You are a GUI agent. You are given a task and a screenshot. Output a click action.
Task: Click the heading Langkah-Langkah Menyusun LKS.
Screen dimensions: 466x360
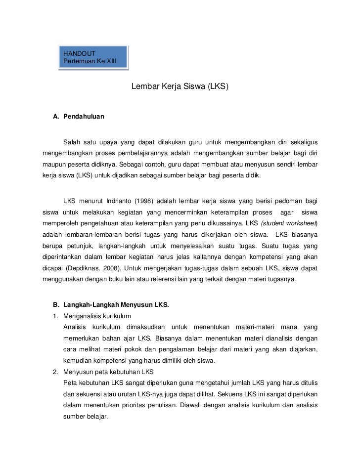pos(116,304)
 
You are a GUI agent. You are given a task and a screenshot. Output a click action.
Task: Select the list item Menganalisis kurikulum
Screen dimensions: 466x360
pos(97,316)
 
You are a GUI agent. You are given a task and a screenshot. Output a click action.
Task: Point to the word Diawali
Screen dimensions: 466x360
pos(195,405)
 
